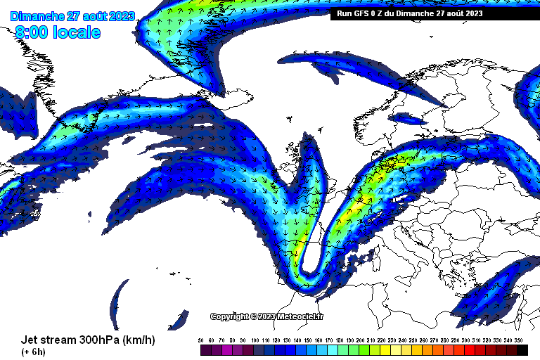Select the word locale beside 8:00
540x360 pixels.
(x=75, y=32)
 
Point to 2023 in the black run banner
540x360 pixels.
(x=472, y=13)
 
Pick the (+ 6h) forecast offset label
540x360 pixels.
(x=33, y=352)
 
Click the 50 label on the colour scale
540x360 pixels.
(x=201, y=340)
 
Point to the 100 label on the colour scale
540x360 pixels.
(x=255, y=340)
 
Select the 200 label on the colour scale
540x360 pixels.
(x=360, y=340)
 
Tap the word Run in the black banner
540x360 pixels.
(x=345, y=13)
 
